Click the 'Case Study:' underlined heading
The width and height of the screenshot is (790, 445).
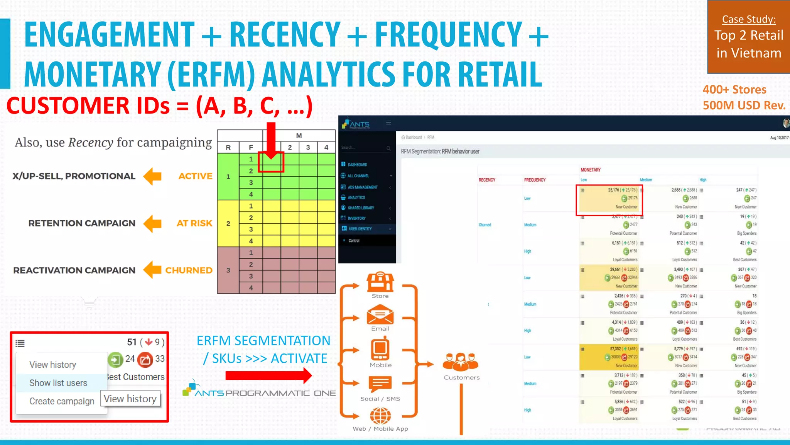click(x=749, y=19)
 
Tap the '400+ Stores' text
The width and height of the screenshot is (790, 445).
click(x=734, y=90)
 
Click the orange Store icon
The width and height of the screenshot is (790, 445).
click(x=380, y=282)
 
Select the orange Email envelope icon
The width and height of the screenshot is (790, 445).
click(x=380, y=314)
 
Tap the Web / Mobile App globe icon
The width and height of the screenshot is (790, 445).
click(x=380, y=416)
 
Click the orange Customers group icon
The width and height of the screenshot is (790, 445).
click(x=461, y=362)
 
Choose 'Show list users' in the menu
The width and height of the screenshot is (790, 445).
click(x=58, y=383)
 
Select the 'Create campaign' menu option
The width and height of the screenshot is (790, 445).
click(x=62, y=401)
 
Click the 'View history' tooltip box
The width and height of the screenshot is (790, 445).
click(x=130, y=399)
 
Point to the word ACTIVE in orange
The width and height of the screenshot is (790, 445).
click(x=195, y=176)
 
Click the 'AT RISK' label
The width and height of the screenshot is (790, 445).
click(x=194, y=223)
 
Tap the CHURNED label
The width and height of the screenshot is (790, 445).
click(x=189, y=270)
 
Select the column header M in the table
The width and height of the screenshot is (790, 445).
click(x=299, y=136)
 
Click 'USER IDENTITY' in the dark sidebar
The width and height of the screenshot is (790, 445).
click(x=360, y=229)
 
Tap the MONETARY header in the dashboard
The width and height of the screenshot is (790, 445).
click(x=591, y=170)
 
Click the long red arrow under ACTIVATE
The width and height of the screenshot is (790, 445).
click(x=268, y=375)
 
